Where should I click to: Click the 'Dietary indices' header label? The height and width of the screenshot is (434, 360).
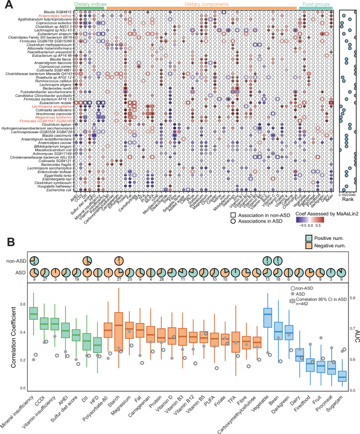[x=90, y=4]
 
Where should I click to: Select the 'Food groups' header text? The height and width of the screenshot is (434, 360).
[x=316, y=4]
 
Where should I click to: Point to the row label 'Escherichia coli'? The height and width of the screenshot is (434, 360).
[x=59, y=189]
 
